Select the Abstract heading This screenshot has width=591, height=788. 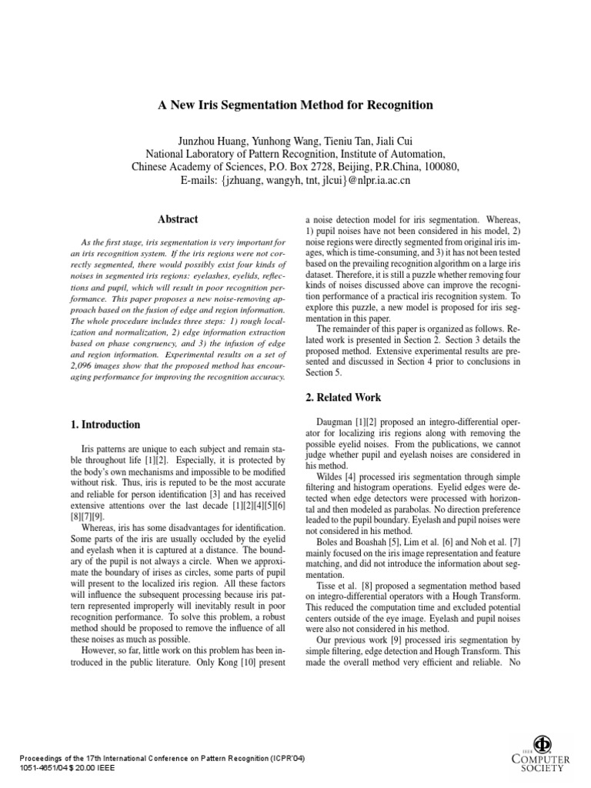178,219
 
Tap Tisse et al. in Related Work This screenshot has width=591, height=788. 340,596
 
